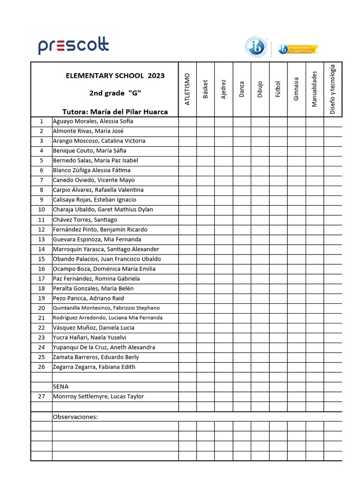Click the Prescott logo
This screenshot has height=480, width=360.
(74, 46)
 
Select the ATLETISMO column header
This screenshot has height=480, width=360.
(187, 89)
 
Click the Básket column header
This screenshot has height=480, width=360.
(205, 89)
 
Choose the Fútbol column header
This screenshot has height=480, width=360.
(278, 89)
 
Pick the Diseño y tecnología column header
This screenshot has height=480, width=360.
(333, 89)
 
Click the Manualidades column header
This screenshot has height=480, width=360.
(315, 89)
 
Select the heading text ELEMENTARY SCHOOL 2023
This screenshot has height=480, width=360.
(115, 75)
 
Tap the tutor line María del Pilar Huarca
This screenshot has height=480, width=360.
(115, 112)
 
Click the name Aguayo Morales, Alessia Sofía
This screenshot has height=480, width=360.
(93, 121)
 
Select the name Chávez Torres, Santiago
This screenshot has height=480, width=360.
(85, 220)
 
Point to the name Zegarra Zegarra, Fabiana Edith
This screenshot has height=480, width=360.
(94, 367)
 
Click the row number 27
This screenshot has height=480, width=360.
(41, 397)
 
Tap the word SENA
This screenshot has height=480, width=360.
(60, 387)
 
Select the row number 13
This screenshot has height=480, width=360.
(41, 240)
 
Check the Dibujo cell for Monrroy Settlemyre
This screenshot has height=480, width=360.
(260, 397)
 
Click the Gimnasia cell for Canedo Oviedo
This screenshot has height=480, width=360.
(296, 180)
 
